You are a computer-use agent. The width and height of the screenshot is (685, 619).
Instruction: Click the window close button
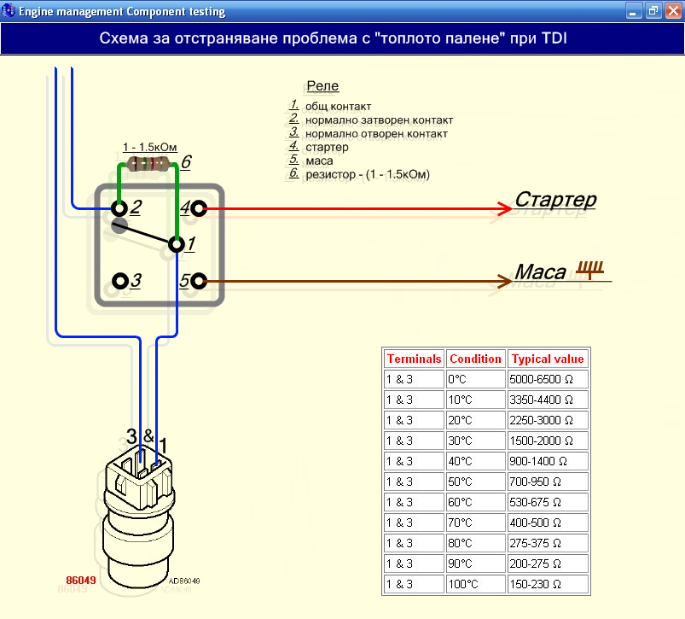tap(674, 11)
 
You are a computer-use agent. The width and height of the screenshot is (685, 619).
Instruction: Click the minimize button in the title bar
tap(633, 11)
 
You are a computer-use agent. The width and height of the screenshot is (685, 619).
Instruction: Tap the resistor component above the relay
tap(148, 164)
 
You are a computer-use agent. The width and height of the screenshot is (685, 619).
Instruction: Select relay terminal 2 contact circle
tap(119, 208)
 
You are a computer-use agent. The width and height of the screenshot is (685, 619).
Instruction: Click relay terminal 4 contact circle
tap(199, 208)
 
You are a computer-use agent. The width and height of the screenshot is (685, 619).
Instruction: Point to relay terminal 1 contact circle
tap(177, 244)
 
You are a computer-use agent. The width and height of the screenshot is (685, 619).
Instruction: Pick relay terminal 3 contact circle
tap(120, 281)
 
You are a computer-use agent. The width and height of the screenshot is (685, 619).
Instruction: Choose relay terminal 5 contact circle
tap(199, 281)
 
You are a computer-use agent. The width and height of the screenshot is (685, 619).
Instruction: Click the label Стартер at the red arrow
tap(555, 200)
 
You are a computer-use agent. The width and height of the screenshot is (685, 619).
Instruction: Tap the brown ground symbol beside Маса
tap(590, 270)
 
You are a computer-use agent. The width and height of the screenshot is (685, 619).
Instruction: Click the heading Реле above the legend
tap(322, 85)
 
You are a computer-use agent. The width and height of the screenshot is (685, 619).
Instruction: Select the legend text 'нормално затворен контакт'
tap(380, 120)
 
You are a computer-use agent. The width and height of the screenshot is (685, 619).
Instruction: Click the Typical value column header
tap(548, 359)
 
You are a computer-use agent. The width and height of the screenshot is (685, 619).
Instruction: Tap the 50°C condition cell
tap(476, 482)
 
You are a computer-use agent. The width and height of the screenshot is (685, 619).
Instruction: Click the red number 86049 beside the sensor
tap(81, 580)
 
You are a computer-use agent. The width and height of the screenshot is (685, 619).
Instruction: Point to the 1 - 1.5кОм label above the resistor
tap(150, 148)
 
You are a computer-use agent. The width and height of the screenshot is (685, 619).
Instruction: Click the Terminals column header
tap(414, 359)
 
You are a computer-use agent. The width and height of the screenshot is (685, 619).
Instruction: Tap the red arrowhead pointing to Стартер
tap(506, 208)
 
